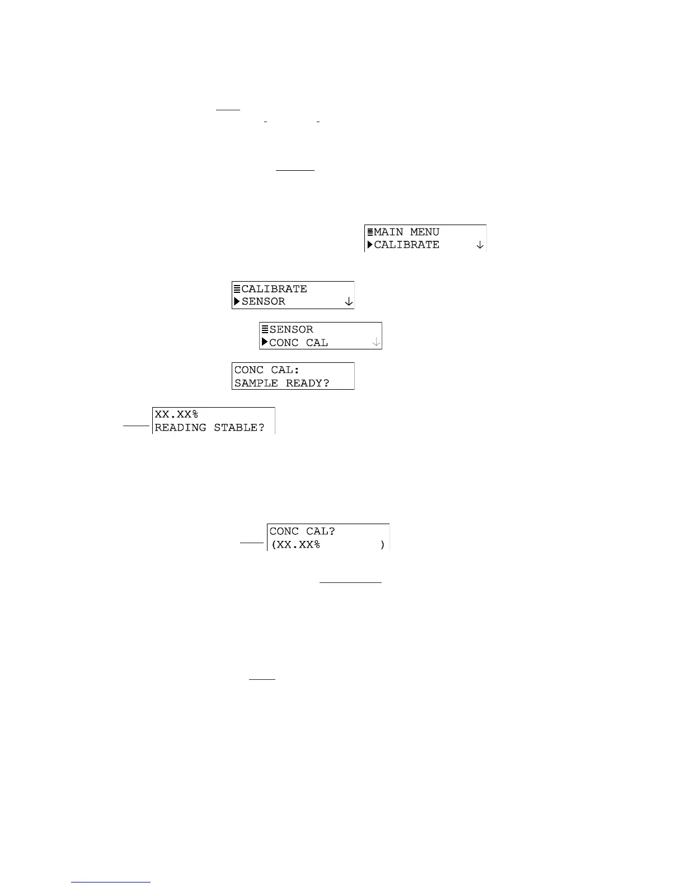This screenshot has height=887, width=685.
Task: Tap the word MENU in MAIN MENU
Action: point(425,232)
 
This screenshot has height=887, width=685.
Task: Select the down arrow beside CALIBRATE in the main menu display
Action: point(480,245)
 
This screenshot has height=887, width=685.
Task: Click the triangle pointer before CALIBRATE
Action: point(370,245)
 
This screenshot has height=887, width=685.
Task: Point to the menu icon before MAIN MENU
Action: point(370,232)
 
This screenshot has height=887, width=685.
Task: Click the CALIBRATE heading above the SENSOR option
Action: point(274,289)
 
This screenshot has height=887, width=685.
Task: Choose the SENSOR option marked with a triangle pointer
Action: point(264,301)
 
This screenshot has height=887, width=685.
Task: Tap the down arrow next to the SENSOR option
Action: point(348,302)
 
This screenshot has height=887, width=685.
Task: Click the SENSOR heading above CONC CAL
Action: point(291,329)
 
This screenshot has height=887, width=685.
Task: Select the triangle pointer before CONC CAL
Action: point(265,342)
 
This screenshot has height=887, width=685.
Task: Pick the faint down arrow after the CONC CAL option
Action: point(376,342)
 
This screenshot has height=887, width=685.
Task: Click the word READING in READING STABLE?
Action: point(180,427)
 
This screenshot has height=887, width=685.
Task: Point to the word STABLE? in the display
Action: point(239,427)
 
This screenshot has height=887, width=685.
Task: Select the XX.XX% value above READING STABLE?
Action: point(176,414)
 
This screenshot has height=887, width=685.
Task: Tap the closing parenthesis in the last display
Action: point(382,544)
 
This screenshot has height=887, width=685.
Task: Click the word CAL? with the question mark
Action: point(320,531)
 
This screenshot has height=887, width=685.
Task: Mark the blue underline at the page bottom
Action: point(111,883)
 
